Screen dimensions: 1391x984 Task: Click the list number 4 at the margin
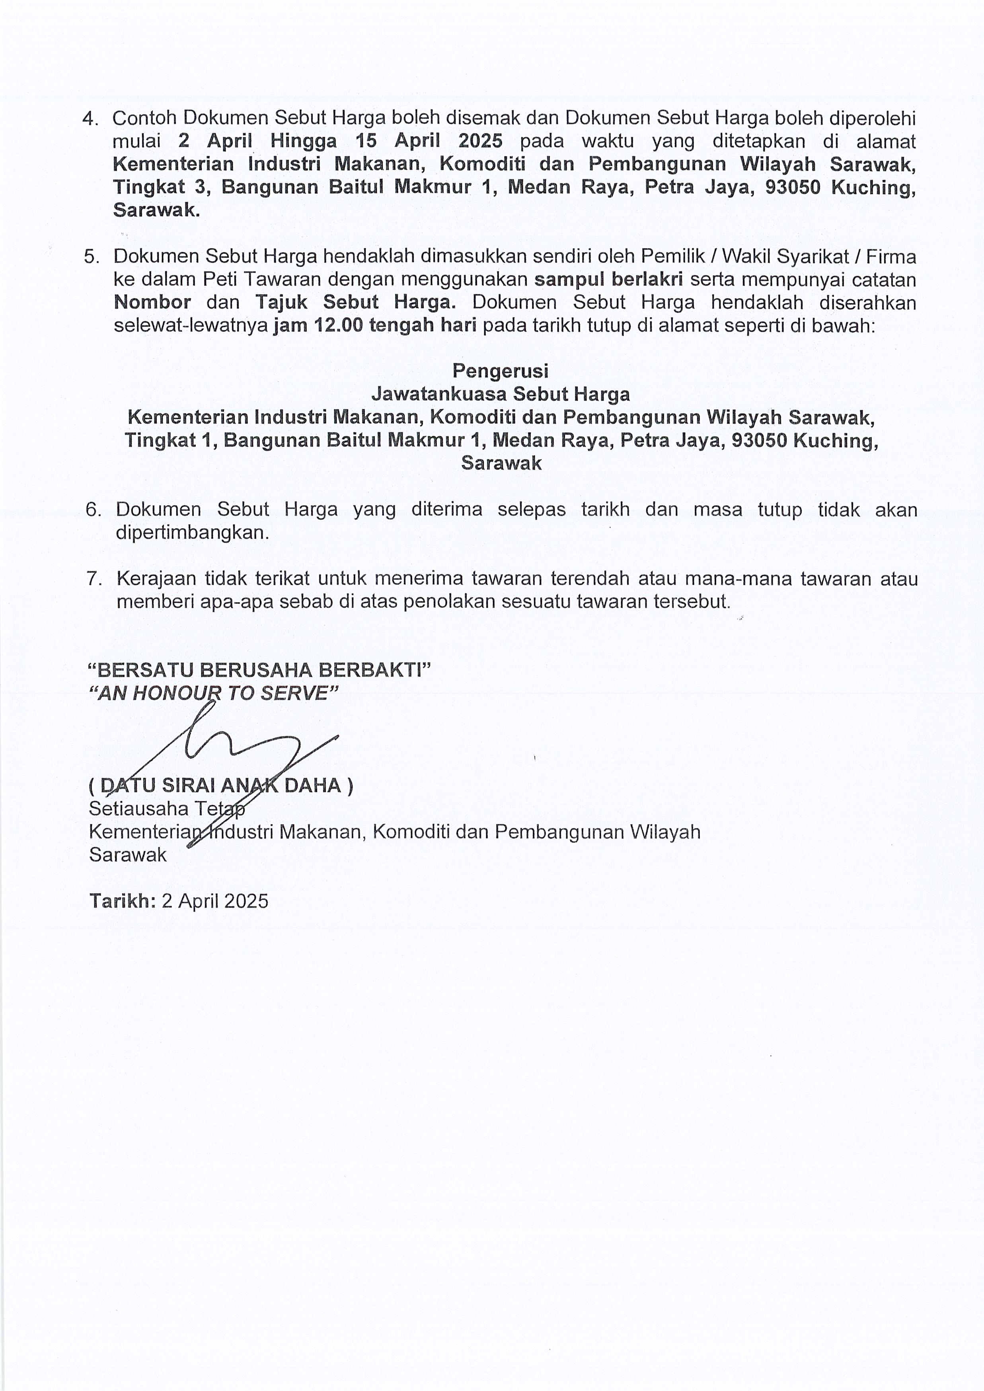tap(89, 119)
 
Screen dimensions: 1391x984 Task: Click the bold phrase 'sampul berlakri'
tap(608, 279)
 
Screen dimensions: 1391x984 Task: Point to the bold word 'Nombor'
tap(153, 302)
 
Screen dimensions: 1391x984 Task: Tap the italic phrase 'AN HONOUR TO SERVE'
tap(213, 693)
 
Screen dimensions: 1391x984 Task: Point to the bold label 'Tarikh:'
tap(123, 901)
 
